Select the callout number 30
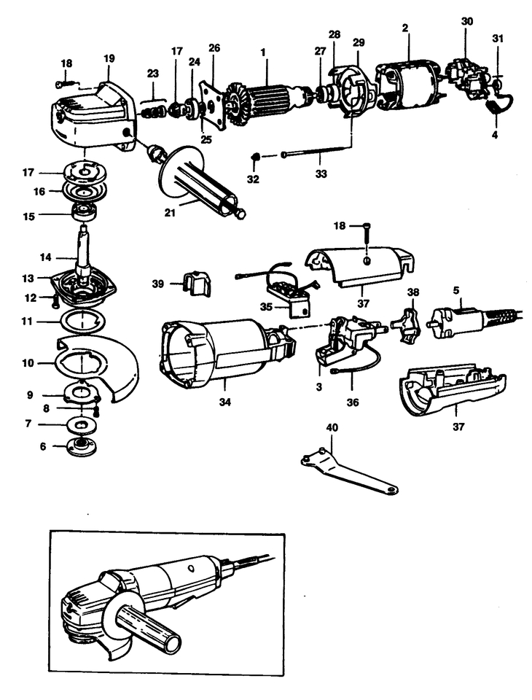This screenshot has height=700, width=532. click(467, 21)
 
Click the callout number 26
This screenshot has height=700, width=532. click(214, 48)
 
